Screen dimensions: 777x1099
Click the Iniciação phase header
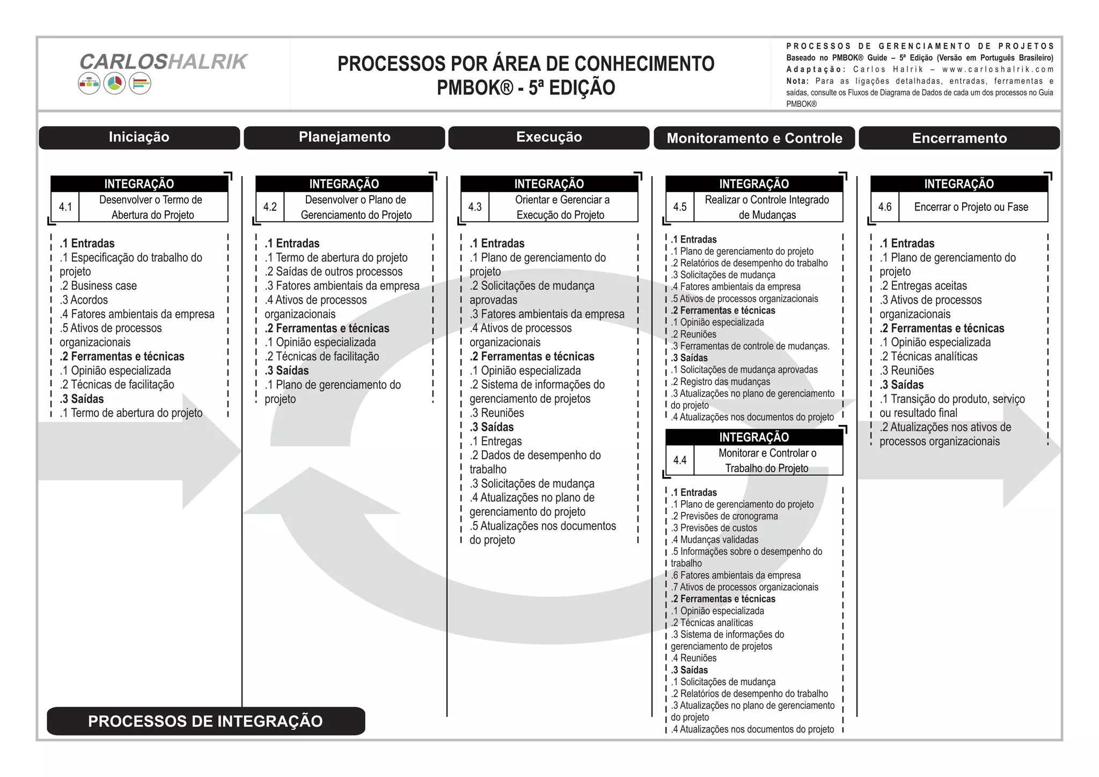click(139, 137)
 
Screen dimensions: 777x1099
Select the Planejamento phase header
click(345, 137)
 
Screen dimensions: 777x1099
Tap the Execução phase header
click(549, 137)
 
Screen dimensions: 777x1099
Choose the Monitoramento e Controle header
click(754, 138)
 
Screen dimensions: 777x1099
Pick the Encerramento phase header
click(959, 138)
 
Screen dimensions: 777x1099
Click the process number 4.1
click(65, 207)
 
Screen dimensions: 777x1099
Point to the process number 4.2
click(270, 207)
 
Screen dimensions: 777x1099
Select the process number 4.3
click(475, 207)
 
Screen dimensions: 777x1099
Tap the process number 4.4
click(680, 460)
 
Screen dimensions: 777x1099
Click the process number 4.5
click(680, 207)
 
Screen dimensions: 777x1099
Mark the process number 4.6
click(885, 207)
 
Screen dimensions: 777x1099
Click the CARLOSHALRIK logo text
click(163, 62)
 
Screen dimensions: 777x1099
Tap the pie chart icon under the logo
click(114, 84)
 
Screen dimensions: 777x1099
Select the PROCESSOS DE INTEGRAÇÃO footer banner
click(206, 721)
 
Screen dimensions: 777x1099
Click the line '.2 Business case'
click(99, 286)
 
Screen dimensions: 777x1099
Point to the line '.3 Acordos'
click(84, 300)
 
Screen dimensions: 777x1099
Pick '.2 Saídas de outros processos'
click(333, 272)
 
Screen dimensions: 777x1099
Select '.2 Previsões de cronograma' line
click(724, 516)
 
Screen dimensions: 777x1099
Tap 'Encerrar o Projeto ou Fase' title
click(971, 207)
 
